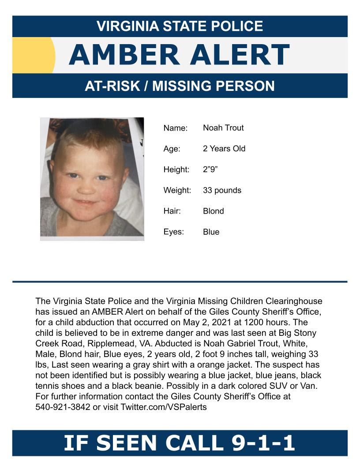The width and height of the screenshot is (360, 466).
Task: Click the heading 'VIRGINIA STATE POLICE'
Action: coord(180,26)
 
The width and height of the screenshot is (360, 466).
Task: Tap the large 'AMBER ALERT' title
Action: coord(179,55)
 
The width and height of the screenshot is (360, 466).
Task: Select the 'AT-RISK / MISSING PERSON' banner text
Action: coord(180,86)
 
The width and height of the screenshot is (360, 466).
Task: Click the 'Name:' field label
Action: coord(176,128)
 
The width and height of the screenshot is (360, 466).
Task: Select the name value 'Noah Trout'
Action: coord(223,128)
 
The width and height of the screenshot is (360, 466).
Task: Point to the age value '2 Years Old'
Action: coord(224,149)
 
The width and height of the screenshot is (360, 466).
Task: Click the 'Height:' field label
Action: coord(176,169)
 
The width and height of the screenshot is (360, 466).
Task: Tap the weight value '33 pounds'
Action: coord(222,190)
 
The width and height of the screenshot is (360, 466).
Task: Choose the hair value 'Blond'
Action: coord(214,211)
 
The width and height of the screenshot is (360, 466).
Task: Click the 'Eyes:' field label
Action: coord(174,232)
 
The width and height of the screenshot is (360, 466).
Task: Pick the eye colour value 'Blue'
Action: coord(211,232)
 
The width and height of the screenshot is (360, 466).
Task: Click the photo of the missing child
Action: coord(92,179)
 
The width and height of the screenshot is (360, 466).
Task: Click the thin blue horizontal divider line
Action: coord(180,282)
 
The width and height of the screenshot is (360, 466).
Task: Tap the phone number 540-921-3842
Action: coord(63,407)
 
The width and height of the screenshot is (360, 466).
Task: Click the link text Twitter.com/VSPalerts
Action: coord(164,407)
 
